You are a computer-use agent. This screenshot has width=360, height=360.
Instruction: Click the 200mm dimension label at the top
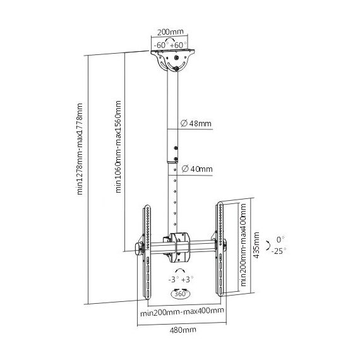coord(170,32)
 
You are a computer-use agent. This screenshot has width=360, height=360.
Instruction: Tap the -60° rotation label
coord(161,45)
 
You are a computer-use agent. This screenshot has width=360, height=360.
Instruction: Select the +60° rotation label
coord(178,45)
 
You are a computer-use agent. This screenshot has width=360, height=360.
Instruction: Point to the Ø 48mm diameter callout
coord(196,124)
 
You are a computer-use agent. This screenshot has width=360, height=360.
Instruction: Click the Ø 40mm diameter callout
coord(197,169)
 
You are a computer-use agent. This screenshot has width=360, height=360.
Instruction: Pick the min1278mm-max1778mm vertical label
coord(80,149)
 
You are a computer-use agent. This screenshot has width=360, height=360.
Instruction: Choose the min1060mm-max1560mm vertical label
coord(118,147)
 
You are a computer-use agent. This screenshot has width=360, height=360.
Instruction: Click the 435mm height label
coord(256,245)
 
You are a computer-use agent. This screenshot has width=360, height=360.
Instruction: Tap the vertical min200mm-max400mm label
coord(243,245)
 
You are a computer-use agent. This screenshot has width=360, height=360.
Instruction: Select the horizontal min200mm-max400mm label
coord(182,312)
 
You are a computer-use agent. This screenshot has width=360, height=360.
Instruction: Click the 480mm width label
coord(183,330)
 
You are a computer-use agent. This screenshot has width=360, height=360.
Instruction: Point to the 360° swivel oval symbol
coord(181,294)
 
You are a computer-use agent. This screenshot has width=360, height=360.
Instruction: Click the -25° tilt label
coord(279,251)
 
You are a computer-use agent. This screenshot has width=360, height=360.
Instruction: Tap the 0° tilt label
coord(280,240)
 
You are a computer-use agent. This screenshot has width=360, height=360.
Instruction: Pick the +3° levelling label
coord(188,280)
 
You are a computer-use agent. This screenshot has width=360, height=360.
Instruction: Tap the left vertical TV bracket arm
coord(147,252)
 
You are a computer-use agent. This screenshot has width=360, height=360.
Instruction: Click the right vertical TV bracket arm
coord(220,249)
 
